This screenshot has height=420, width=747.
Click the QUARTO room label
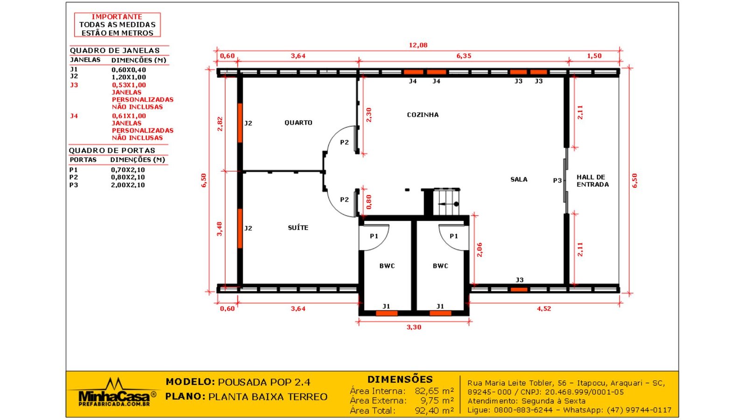click(298, 123)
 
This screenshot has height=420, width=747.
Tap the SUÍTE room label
click(298, 228)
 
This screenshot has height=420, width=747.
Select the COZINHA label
click(423, 115)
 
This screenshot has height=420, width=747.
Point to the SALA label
click(519, 180)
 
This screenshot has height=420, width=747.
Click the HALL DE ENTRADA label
click(592, 181)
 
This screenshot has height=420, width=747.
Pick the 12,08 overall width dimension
click(418, 45)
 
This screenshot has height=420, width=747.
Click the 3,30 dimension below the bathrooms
click(414, 327)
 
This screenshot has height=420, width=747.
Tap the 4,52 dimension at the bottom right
click(544, 308)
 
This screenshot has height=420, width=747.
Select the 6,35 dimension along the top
click(464, 56)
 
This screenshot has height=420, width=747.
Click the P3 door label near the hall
click(557, 181)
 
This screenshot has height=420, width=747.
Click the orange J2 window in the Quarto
click(240, 123)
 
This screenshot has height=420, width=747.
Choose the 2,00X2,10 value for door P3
click(128, 185)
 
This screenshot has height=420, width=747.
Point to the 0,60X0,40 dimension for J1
click(128, 70)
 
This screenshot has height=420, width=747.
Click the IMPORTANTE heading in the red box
click(117, 17)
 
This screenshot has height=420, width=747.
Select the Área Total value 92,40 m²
click(434, 411)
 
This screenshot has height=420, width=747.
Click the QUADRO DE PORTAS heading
click(112, 151)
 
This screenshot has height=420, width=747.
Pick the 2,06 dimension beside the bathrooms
click(479, 250)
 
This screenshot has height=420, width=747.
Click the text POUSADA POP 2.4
click(264, 382)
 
